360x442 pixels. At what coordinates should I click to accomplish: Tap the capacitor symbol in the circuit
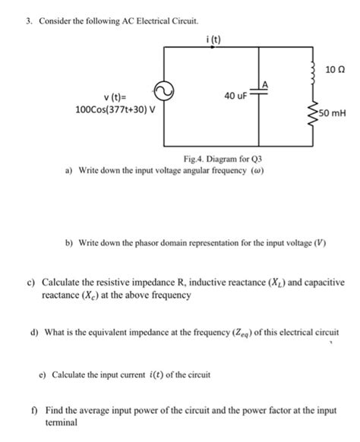coord(260,95)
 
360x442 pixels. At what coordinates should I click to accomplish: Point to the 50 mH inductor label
coord(333,114)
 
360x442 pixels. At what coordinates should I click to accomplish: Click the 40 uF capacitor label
coord(235,96)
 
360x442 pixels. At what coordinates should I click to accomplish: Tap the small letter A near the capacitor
coord(265,82)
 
